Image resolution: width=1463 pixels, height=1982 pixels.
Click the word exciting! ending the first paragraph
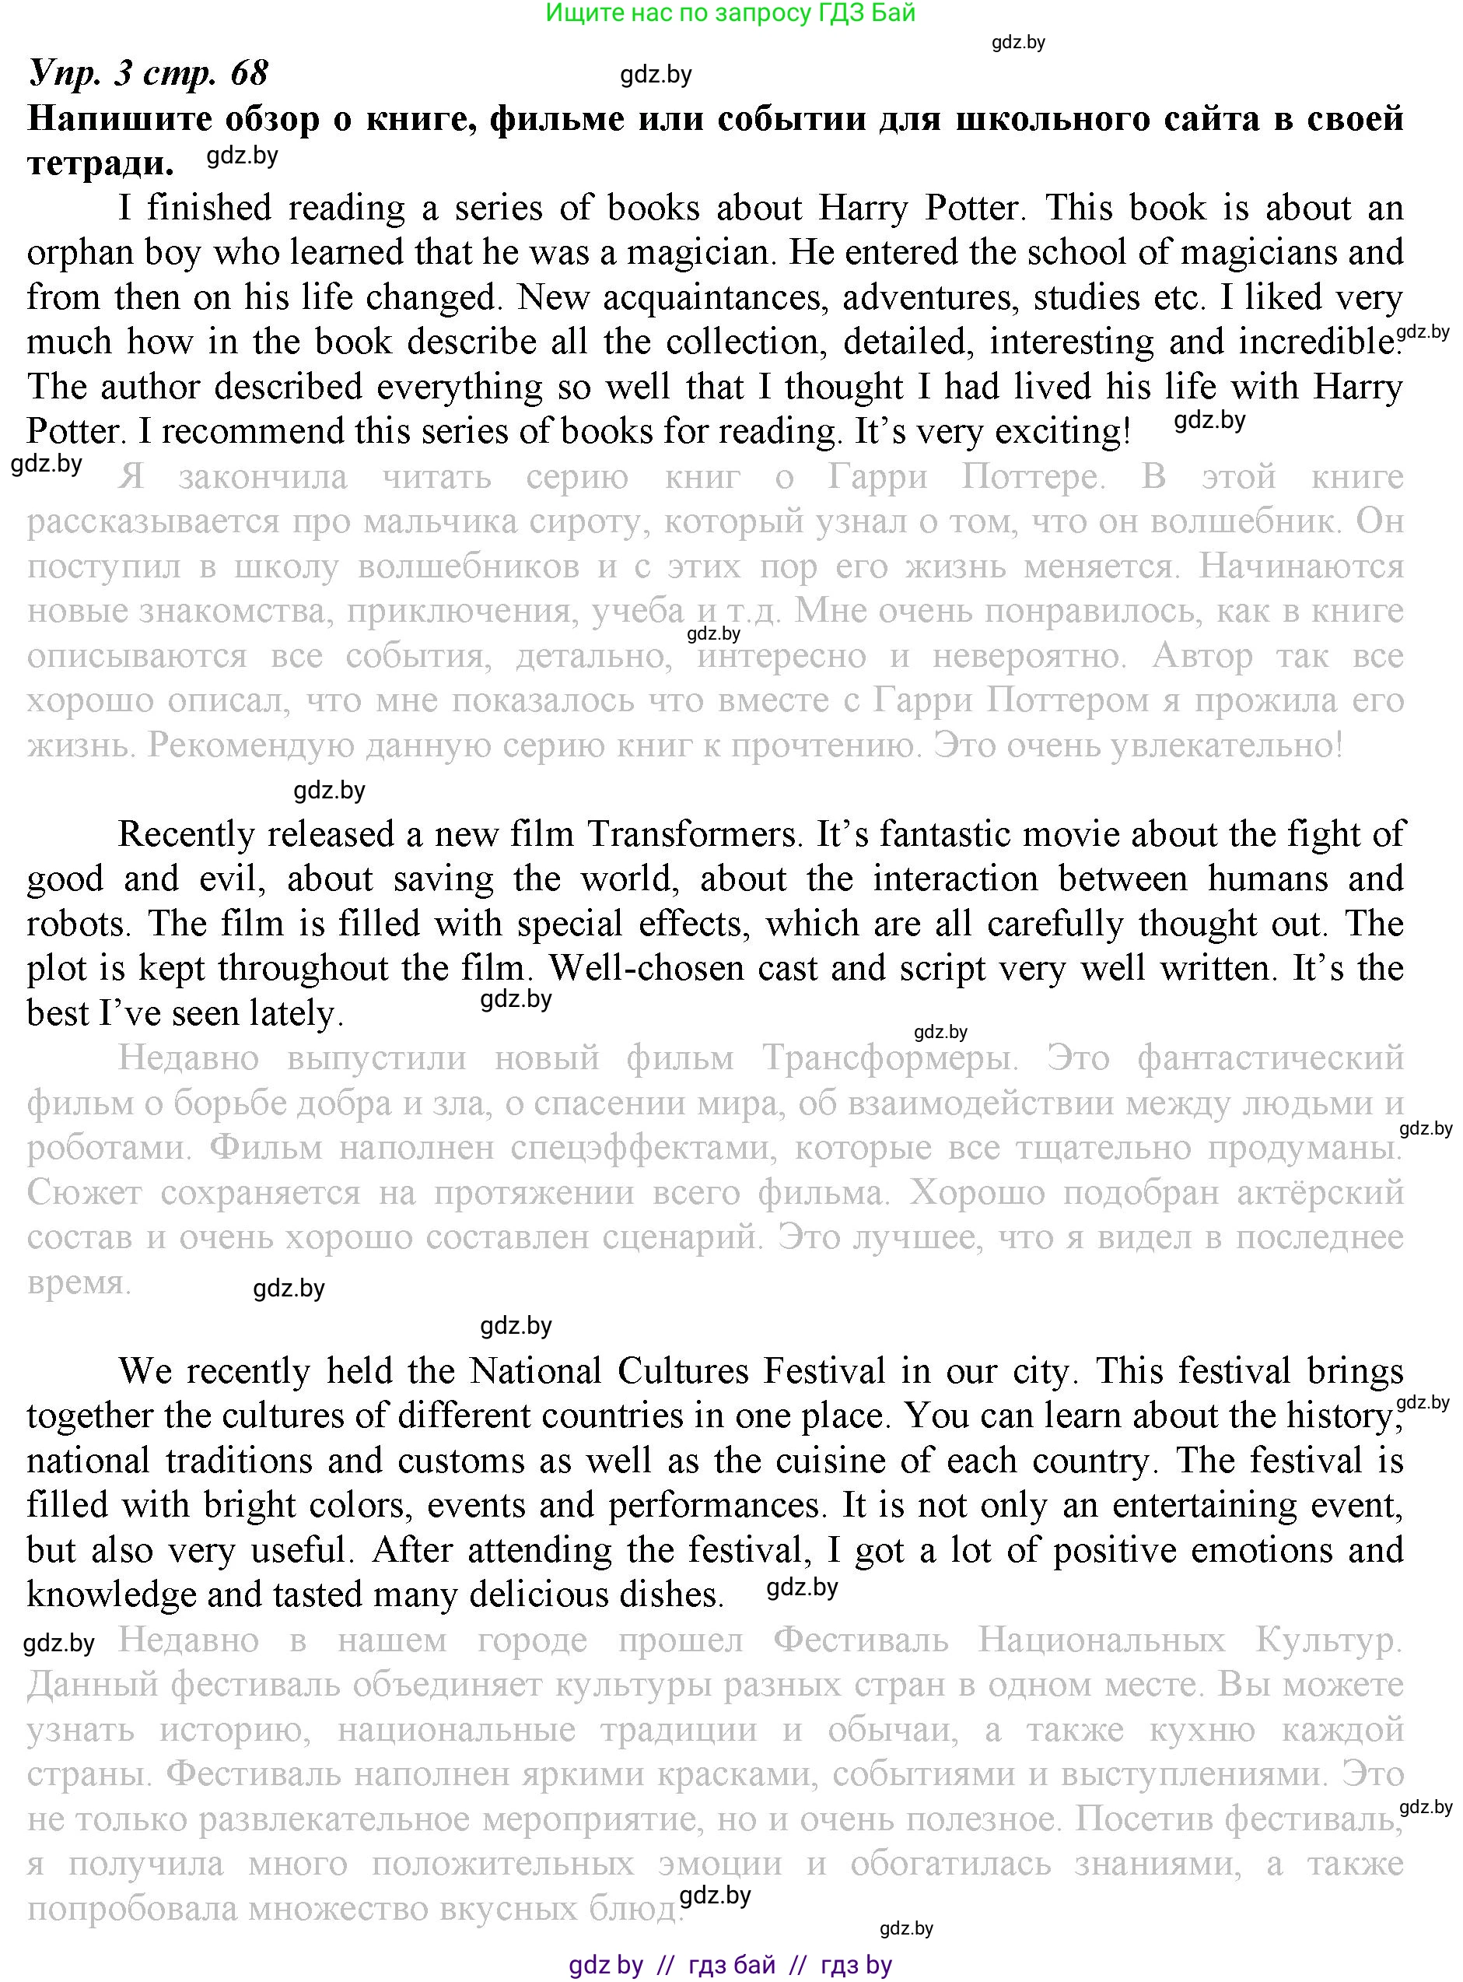[1062, 431]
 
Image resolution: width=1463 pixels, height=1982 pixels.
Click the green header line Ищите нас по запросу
[730, 13]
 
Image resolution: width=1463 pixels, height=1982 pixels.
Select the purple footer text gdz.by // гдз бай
[730, 1965]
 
